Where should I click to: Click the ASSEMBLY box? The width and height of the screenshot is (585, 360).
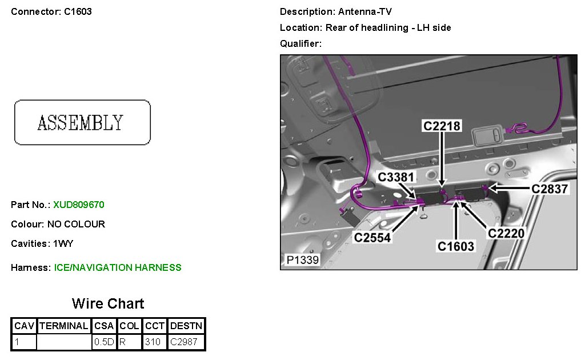[x=82, y=122]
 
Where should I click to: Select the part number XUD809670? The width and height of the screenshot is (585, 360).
[x=79, y=205]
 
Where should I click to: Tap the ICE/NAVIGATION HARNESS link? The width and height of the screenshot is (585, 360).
[x=118, y=267]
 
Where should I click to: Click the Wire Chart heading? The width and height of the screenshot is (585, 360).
[x=108, y=303]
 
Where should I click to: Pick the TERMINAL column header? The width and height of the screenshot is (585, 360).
[x=63, y=326]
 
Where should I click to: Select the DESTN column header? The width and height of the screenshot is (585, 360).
[x=186, y=326]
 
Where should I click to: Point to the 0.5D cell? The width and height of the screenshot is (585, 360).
[x=104, y=342]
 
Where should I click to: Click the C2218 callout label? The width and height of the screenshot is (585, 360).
[x=442, y=126]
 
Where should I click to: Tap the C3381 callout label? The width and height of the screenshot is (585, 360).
[x=396, y=178]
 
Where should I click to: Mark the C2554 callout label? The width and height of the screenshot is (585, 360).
[x=372, y=237]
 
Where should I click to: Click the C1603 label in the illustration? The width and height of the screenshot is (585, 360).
[x=456, y=246]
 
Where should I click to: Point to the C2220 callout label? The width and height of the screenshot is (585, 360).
[x=506, y=233]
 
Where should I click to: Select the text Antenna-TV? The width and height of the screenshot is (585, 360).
[x=365, y=11]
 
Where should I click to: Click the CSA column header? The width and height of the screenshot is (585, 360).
[x=104, y=326]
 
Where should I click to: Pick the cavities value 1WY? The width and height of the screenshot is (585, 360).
[x=63, y=243]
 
